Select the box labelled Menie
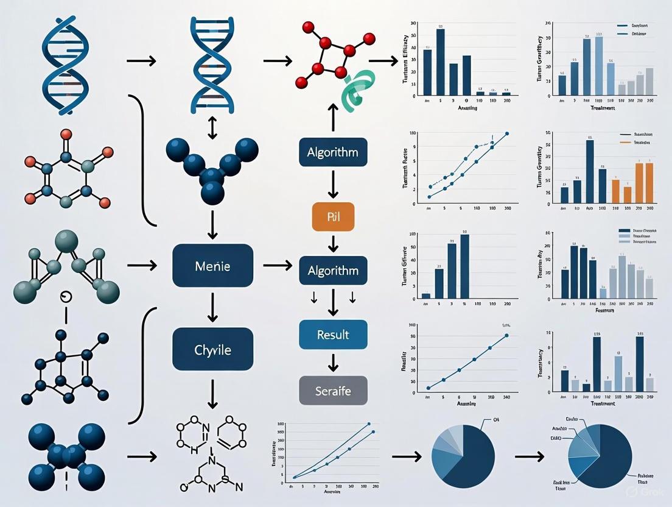click(212, 266)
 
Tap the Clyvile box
click(212, 349)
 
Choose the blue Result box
click(333, 334)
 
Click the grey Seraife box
click(333, 391)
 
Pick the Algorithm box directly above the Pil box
click(333, 152)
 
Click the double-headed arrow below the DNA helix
click(212, 128)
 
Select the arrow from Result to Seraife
click(333, 363)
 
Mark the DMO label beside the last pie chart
click(556, 438)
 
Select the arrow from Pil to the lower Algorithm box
click(333, 244)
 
